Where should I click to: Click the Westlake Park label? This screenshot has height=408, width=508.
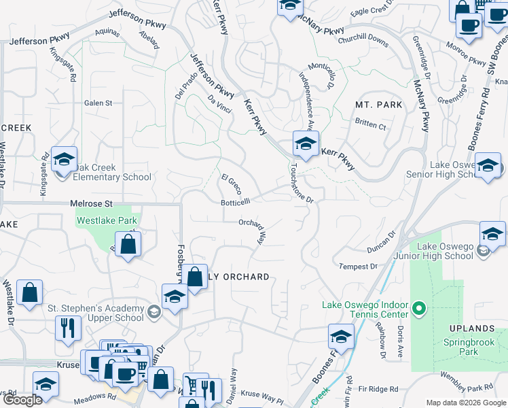coord(107,220)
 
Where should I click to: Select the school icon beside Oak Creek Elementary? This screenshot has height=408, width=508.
coord(64,160)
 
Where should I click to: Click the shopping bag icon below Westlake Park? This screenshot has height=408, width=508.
coord(127,244)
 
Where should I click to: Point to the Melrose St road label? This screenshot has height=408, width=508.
coord(91,203)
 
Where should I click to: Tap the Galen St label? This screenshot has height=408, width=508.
coord(98,103)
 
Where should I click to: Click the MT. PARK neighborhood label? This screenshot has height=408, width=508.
coord(378,105)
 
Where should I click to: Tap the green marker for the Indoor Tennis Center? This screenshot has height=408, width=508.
coord(419,310)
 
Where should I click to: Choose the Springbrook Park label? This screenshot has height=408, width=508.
coord(471,347)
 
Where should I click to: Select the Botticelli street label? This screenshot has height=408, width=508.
coord(236,201)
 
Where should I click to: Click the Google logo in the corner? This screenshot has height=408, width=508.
coord(22,400)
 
